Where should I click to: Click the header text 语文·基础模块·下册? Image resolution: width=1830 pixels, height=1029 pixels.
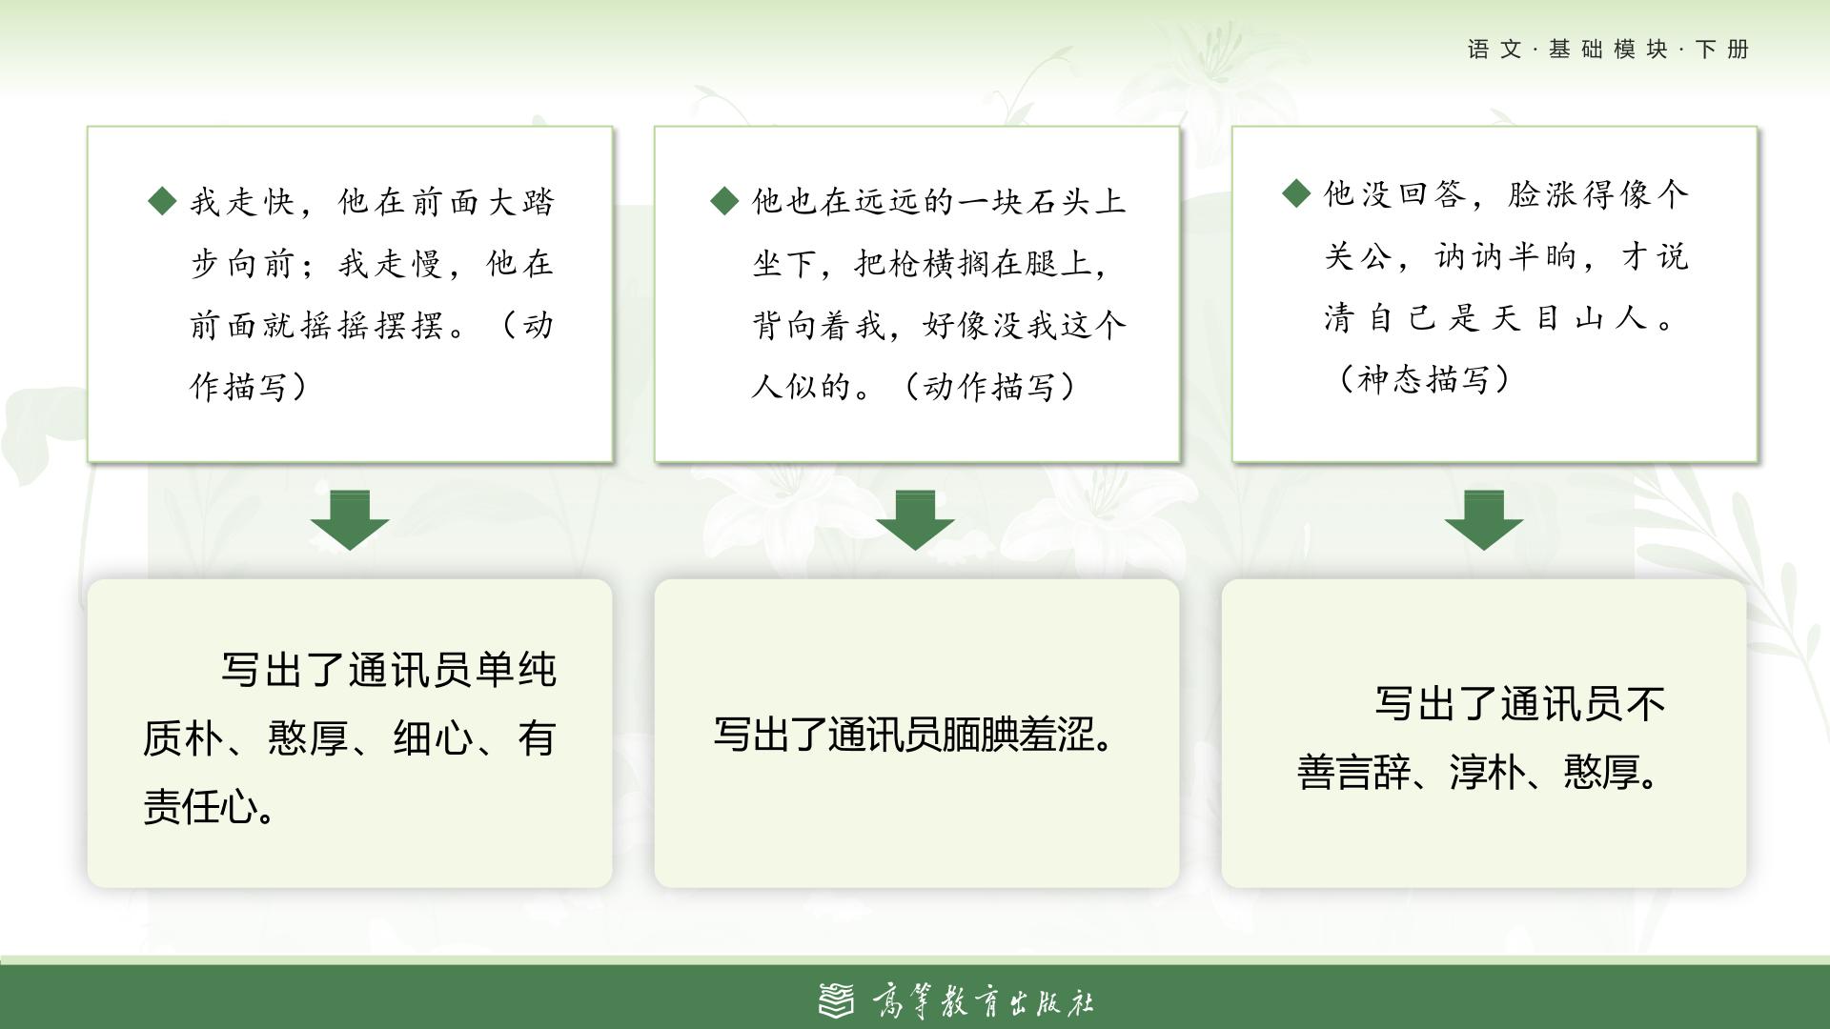point(1608,50)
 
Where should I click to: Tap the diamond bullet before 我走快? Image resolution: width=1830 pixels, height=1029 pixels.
point(163,200)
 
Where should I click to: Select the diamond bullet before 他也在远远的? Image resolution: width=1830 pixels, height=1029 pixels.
point(725,200)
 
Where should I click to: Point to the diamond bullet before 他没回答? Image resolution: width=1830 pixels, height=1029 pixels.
point(1296,193)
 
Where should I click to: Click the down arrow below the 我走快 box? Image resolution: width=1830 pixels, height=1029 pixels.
point(350,520)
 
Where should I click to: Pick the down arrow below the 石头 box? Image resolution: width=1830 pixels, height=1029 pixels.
point(916,520)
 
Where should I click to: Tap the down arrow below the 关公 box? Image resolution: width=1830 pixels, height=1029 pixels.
point(1484,520)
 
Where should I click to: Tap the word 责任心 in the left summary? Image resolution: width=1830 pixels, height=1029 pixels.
point(200,807)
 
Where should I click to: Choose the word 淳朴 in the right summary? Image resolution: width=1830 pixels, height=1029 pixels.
point(1487,773)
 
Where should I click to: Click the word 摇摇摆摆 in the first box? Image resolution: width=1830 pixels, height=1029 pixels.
point(374,325)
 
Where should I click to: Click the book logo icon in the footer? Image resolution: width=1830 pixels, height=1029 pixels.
point(838,1000)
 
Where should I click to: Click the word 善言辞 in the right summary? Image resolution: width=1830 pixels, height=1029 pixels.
point(1353,773)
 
